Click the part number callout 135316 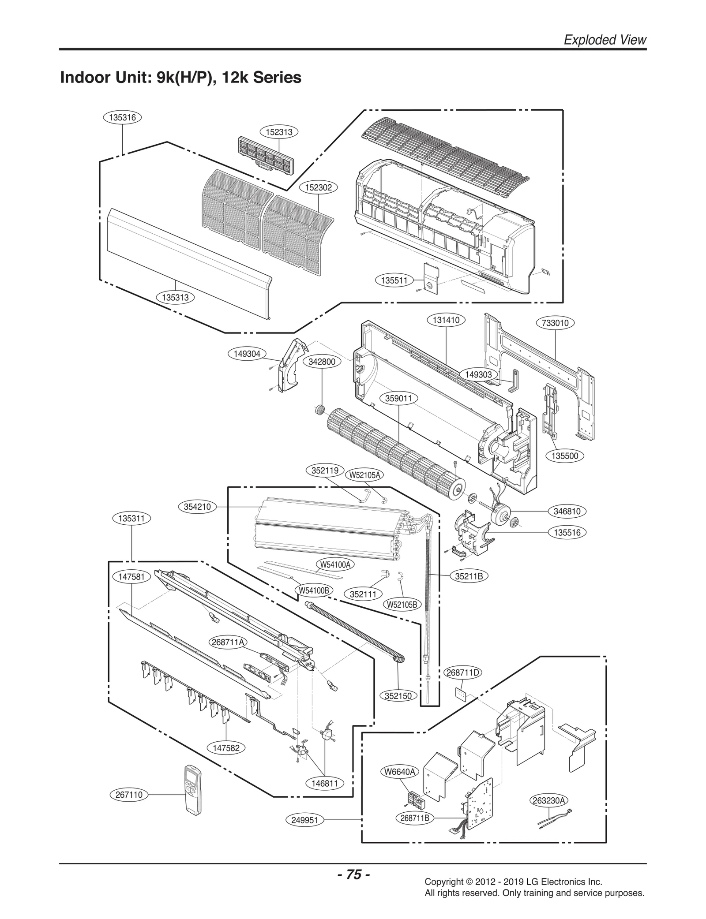122,117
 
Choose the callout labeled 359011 398,398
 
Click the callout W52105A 364,475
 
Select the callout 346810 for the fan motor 567,511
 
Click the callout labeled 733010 555,323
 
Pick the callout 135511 394,280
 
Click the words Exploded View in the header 605,40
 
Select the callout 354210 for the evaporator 197,507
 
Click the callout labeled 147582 226,748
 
